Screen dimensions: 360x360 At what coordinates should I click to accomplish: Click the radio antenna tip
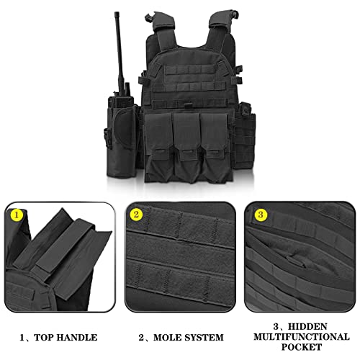click(x=117, y=14)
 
